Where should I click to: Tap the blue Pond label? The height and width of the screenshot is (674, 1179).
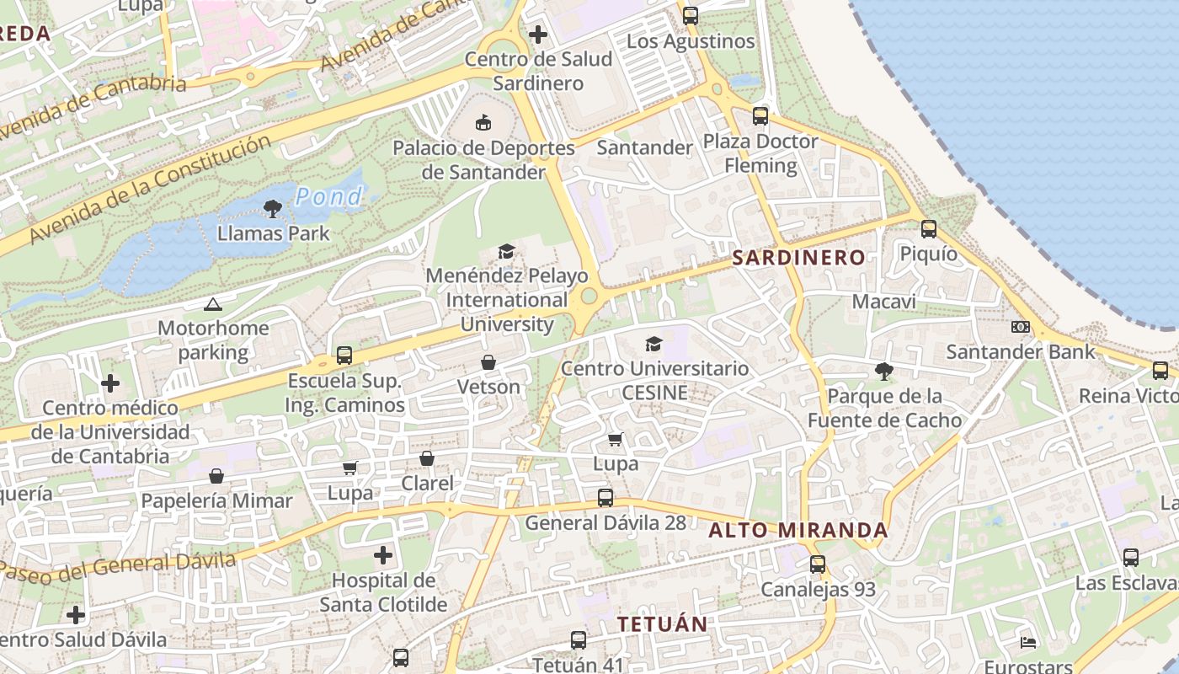(x=328, y=197)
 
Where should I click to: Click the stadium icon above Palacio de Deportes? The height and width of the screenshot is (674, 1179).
(x=483, y=124)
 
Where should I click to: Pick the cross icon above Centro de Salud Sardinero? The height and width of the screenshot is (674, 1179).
(x=538, y=35)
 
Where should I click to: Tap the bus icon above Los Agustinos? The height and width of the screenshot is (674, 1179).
(x=691, y=15)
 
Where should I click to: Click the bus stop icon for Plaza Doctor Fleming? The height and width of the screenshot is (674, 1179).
(x=760, y=116)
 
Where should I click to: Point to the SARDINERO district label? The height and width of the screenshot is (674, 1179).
(x=798, y=258)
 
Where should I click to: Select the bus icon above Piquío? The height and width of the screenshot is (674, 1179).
(x=929, y=228)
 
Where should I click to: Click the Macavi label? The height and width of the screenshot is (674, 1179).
(x=883, y=302)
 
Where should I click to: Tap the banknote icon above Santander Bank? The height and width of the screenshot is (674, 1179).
(x=1021, y=327)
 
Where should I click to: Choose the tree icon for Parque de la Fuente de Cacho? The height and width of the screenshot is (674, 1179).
(x=883, y=371)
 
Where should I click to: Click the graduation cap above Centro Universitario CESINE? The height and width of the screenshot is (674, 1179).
(x=654, y=344)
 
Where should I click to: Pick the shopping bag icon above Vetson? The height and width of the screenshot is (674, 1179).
(x=488, y=362)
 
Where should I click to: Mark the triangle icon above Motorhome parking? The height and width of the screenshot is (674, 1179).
(x=212, y=304)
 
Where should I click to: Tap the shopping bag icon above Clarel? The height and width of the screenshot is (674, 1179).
(x=427, y=458)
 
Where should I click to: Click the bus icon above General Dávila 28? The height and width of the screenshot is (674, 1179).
(x=605, y=497)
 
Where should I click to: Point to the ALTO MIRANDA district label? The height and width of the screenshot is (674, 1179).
(x=798, y=531)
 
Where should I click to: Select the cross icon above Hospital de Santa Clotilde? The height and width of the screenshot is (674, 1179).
(x=383, y=555)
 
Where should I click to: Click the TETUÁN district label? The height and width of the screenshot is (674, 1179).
(x=662, y=624)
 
